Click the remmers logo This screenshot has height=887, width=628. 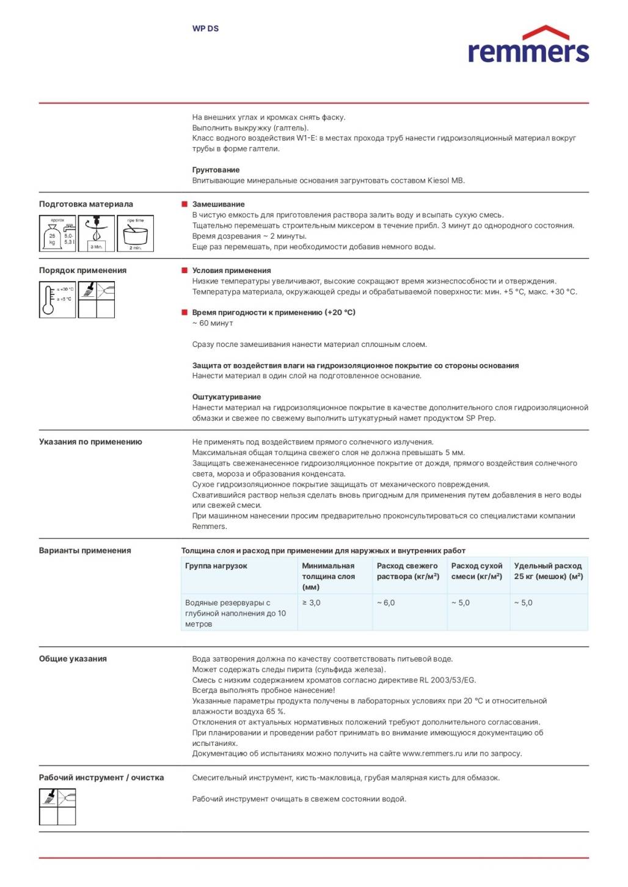click(x=528, y=46)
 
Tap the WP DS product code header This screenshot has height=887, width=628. click(x=205, y=29)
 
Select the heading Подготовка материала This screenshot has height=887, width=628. click(x=86, y=204)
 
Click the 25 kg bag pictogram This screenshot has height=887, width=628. click(x=58, y=233)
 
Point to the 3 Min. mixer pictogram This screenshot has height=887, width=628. click(x=96, y=233)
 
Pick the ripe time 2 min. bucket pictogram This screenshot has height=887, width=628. click(x=135, y=233)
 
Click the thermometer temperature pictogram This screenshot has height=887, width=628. click(x=57, y=299)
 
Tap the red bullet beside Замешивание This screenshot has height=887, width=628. click(x=184, y=204)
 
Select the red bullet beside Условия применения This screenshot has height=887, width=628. click(x=184, y=270)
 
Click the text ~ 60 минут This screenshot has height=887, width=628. click(x=213, y=323)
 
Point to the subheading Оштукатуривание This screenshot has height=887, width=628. click(x=227, y=397)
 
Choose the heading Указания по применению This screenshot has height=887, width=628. click(x=90, y=442)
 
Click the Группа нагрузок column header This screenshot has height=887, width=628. click(x=216, y=566)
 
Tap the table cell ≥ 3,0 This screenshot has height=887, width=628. click(x=311, y=603)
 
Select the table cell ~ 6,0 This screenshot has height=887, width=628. click(x=385, y=603)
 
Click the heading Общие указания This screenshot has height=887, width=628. click(x=73, y=659)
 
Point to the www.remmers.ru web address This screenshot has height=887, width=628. click(x=432, y=754)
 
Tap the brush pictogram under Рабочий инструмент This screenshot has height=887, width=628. click(x=49, y=797)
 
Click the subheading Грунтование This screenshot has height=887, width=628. click(x=216, y=170)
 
